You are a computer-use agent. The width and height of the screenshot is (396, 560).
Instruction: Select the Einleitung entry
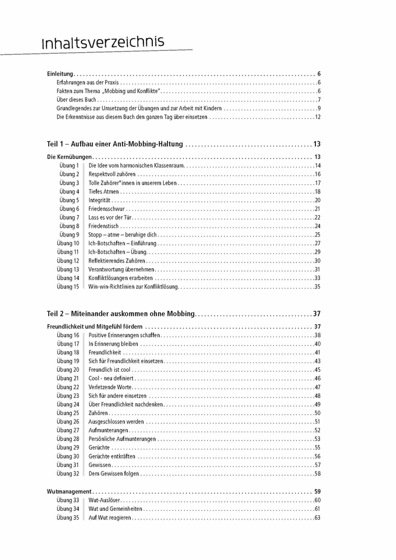tap(60, 73)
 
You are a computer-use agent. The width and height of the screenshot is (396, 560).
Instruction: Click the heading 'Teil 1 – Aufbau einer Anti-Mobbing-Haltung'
tap(115, 144)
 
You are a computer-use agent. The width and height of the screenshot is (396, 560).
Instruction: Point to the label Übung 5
tap(69, 200)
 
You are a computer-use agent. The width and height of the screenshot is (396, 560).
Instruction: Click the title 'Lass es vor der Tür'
tap(110, 217)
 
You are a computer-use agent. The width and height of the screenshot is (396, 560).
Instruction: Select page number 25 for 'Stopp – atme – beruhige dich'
tap(317, 235)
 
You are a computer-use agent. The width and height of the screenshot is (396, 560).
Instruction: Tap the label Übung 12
tap(68, 260)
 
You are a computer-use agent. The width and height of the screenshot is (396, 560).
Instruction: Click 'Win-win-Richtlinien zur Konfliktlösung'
tap(133, 287)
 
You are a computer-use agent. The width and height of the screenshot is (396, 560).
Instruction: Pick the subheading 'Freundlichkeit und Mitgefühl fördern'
tap(94, 326)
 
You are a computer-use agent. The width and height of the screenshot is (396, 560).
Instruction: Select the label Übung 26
tap(68, 422)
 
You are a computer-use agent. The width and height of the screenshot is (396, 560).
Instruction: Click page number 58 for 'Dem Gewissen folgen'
tap(317, 474)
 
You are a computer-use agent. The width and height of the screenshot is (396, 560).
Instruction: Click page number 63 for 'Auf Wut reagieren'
tap(317, 517)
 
